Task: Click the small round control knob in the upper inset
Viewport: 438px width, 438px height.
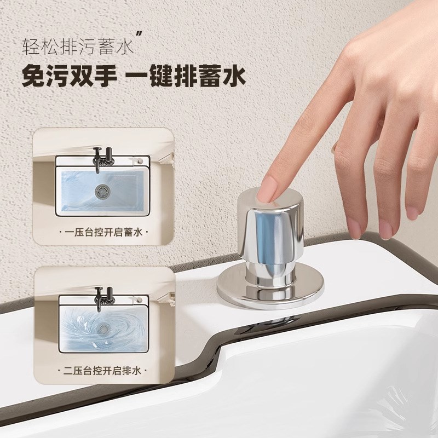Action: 141,159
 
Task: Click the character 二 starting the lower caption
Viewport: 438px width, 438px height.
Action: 68,371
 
